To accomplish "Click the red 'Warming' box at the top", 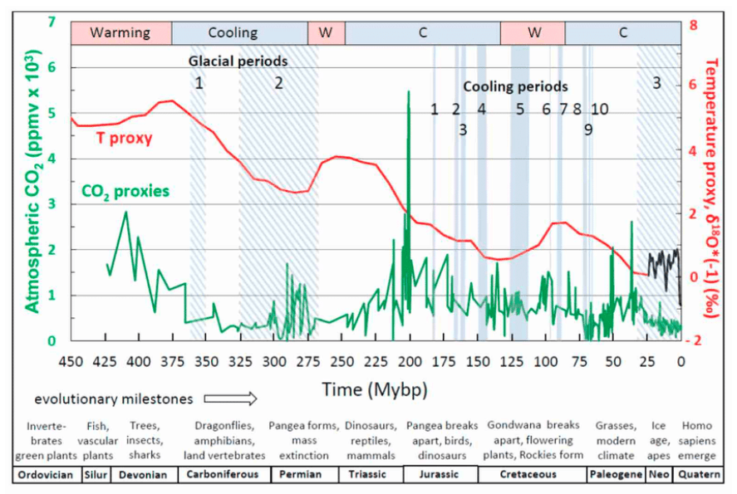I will [x=120, y=33].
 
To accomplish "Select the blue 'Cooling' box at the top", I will [x=233, y=33].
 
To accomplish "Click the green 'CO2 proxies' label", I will [x=125, y=191].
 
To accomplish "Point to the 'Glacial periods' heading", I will [x=238, y=61].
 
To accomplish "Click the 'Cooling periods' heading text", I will [x=515, y=86].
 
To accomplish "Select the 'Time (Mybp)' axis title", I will [x=375, y=389].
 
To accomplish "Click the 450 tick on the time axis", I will [x=71, y=361].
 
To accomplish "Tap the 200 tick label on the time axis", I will [x=409, y=361].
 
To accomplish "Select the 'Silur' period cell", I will [x=95, y=475].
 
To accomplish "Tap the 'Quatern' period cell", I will [x=700, y=475].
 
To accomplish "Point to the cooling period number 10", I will [x=599, y=109].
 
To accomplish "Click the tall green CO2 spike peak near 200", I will [x=408, y=92].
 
